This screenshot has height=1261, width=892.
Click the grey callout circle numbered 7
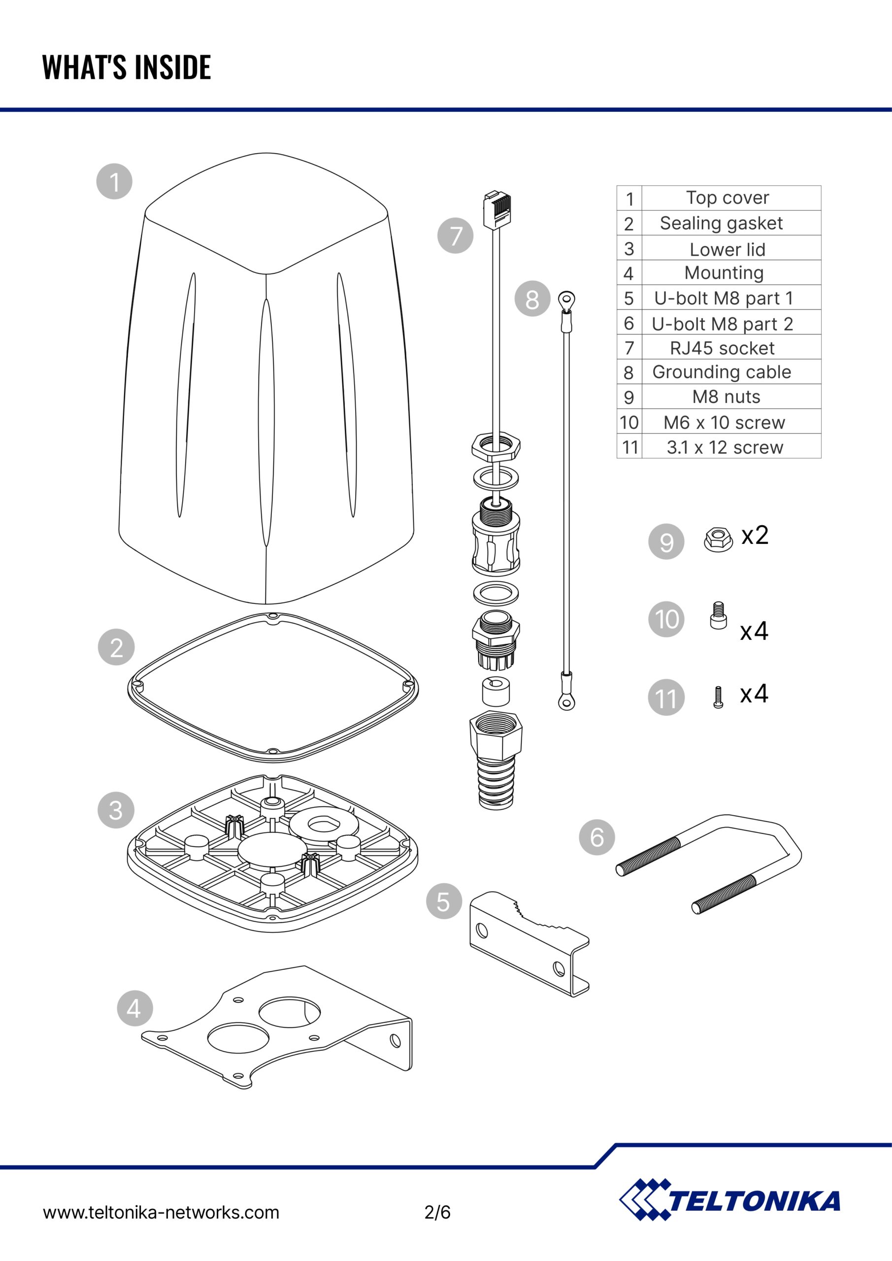(x=455, y=235)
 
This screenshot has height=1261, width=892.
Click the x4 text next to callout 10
(x=754, y=631)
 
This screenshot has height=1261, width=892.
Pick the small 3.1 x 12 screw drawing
(x=718, y=697)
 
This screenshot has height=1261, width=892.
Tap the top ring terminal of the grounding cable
(x=566, y=300)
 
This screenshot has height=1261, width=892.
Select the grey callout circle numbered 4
(x=135, y=1008)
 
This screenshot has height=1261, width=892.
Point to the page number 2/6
(x=437, y=1212)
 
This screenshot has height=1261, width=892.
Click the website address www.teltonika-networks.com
(x=161, y=1212)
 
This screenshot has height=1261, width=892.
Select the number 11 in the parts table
(x=629, y=447)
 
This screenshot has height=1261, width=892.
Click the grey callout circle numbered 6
(x=596, y=837)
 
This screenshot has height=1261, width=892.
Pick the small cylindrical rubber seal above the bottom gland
(x=496, y=691)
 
